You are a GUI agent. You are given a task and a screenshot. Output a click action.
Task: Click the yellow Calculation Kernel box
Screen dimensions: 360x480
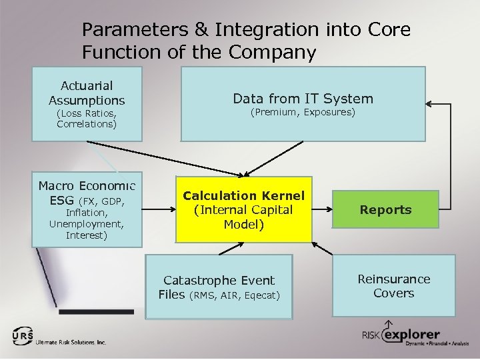(243, 209)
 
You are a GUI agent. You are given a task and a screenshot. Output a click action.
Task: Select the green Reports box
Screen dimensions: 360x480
(386, 209)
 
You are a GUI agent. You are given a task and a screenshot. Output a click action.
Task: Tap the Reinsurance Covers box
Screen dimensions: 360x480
(393, 286)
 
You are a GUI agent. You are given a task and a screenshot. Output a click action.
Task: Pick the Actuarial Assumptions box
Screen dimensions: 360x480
(87, 103)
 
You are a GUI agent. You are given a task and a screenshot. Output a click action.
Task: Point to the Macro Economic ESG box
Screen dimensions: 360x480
(87, 209)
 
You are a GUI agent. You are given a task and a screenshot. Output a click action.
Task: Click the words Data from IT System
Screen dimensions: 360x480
(303, 99)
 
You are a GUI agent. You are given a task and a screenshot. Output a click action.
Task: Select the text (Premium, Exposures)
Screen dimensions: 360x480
(303, 113)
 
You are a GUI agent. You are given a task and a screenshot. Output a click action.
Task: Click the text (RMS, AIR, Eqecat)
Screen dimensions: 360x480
(235, 295)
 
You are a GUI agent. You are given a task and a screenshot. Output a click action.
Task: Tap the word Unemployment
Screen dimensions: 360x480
(86, 224)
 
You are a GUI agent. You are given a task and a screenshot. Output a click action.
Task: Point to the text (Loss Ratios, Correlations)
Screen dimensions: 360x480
(87, 119)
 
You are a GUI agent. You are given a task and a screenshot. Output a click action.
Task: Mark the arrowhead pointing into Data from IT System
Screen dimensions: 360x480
(429, 104)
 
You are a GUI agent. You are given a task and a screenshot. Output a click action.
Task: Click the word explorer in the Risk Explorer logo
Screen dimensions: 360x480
(411, 334)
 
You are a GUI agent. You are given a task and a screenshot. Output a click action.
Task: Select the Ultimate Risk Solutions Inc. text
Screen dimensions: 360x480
(72, 342)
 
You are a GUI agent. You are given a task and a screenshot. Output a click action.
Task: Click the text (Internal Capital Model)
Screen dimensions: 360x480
(243, 217)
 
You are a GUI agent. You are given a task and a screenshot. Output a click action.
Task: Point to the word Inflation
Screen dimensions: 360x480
(87, 213)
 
